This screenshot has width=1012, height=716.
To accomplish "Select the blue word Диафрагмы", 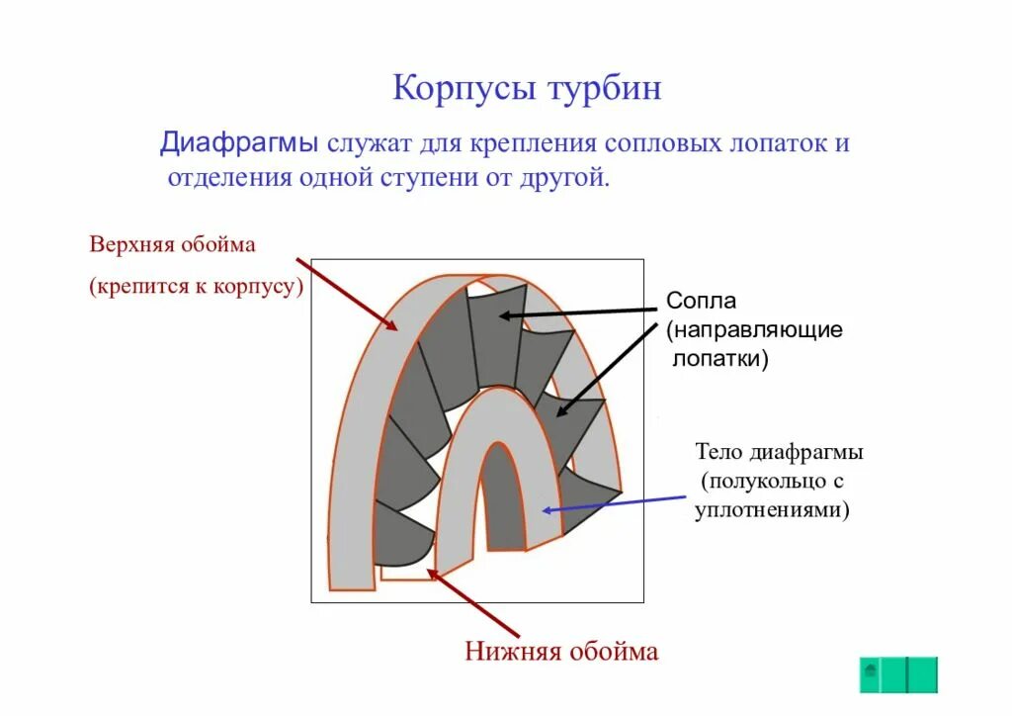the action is point(239,142).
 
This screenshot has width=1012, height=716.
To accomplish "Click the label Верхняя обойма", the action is point(173,244).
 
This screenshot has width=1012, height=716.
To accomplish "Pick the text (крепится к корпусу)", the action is point(195,287).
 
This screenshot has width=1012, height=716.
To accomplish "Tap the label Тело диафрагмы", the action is point(780,452).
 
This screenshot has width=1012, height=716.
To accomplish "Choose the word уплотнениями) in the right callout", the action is point(771,510).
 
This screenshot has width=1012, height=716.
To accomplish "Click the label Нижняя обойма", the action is point(561,651).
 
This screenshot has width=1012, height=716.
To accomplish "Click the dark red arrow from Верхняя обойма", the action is point(347,296).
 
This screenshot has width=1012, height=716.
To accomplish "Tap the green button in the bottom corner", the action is point(897,674).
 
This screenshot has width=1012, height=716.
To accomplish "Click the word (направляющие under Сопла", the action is point(754,329).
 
